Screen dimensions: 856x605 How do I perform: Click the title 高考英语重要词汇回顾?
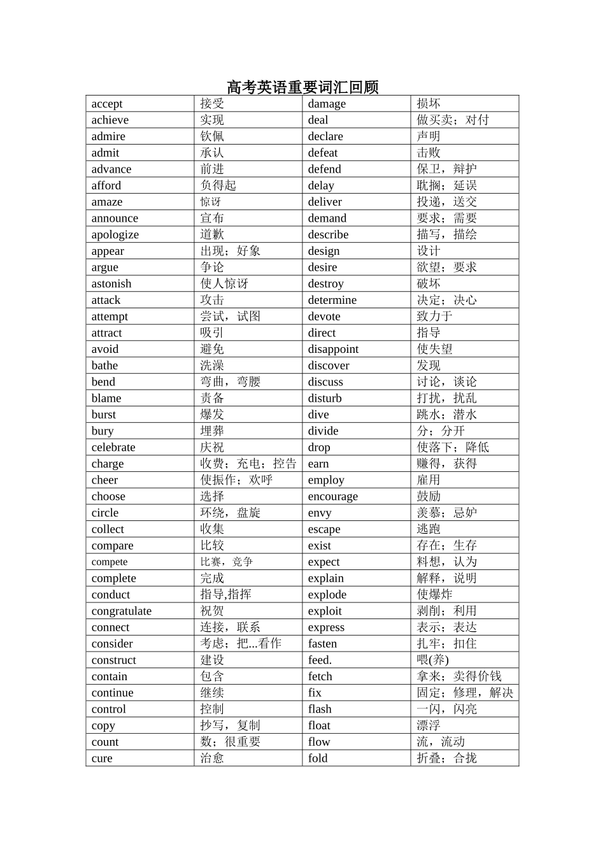302,87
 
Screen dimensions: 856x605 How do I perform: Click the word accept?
107,104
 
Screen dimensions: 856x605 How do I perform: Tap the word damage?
327,104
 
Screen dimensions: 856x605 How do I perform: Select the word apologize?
115,234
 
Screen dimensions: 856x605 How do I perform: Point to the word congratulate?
122,611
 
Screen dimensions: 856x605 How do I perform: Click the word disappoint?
333,349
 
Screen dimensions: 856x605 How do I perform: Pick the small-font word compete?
110,562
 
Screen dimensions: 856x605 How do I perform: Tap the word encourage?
333,496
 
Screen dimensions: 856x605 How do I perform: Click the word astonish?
111,283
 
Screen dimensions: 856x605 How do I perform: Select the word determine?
332,300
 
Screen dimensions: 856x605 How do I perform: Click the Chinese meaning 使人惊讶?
224,283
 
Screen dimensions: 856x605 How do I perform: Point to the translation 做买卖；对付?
453,120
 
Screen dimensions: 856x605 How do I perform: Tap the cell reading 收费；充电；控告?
248,464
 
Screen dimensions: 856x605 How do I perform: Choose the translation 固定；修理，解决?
465,692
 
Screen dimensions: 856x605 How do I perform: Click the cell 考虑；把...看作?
241,643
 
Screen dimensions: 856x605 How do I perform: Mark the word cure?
102,758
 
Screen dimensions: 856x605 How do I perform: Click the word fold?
318,758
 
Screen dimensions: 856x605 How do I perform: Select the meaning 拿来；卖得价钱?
459,676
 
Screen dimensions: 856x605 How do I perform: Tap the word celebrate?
113,447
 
